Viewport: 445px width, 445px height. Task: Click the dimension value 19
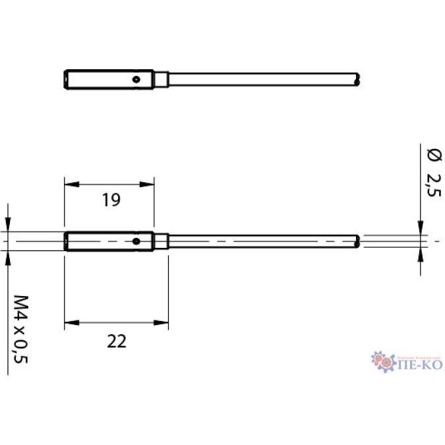coord(111,201)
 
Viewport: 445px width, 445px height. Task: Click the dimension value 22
coord(116,341)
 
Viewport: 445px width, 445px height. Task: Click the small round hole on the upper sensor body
coord(135,79)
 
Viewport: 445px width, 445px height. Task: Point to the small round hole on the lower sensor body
coord(135,241)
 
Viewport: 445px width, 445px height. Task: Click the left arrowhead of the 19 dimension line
coord(69,183)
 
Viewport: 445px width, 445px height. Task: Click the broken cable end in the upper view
coord(357,80)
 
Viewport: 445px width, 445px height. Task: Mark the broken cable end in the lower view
coord(357,242)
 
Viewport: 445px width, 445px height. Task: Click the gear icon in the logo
coord(381,361)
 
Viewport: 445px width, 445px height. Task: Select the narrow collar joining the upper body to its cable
coord(161,79)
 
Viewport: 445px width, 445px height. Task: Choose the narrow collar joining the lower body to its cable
coord(161,242)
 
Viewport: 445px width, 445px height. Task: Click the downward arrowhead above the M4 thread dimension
coord(8,224)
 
